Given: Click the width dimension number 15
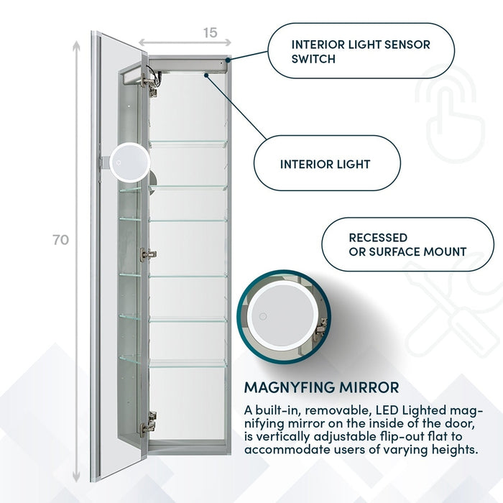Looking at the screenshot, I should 209,32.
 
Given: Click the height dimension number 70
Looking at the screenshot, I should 61,240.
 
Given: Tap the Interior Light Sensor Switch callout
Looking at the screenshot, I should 360,52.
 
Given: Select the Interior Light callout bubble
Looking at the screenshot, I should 326,165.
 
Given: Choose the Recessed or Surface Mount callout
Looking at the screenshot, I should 407,244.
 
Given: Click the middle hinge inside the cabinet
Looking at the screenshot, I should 148,254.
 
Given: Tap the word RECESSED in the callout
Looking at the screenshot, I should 378,237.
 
